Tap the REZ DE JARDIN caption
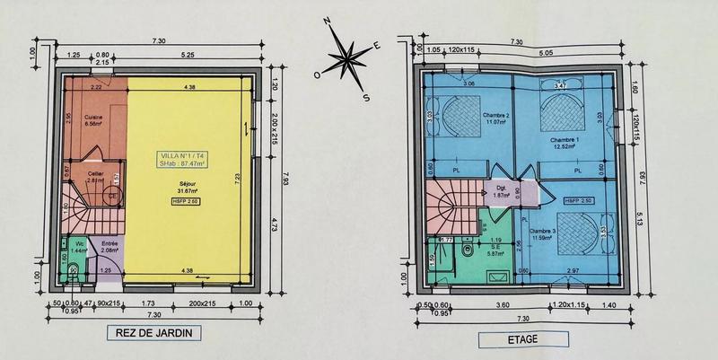(153, 334)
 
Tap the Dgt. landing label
(502, 189)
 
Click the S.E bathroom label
(494, 248)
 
